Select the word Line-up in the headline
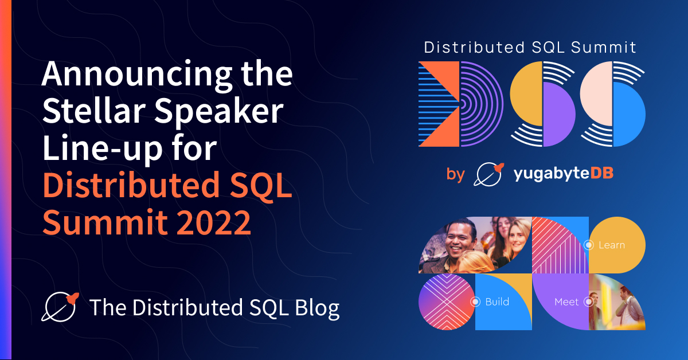coord(103,149)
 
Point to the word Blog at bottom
coord(317,308)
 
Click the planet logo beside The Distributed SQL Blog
coord(60,307)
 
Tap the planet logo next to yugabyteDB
coord(488,174)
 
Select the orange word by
coord(456,174)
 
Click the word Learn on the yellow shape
coord(612,245)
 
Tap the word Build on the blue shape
coord(497,302)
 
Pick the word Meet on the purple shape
coord(566,302)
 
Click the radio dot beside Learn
coord(589,245)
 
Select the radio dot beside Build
coord(475,302)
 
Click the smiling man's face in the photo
coord(459,242)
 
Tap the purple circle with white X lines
coord(447,302)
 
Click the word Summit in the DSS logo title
coord(604,48)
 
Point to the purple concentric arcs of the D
coord(482,104)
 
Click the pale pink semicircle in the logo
coord(596,93)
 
